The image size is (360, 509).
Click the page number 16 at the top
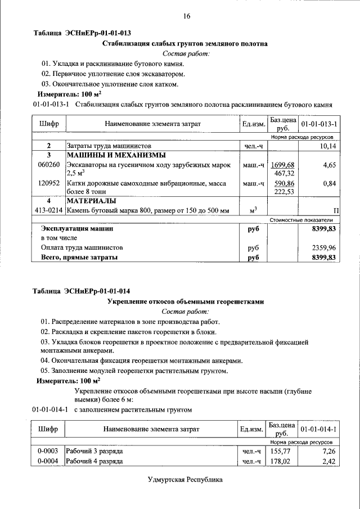186,16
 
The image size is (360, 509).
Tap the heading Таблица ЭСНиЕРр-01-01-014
82,291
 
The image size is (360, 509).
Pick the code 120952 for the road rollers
48,183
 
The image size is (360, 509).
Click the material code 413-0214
48,210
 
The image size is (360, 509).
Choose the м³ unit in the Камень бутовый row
253,210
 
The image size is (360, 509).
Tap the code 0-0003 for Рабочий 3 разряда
48,451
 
